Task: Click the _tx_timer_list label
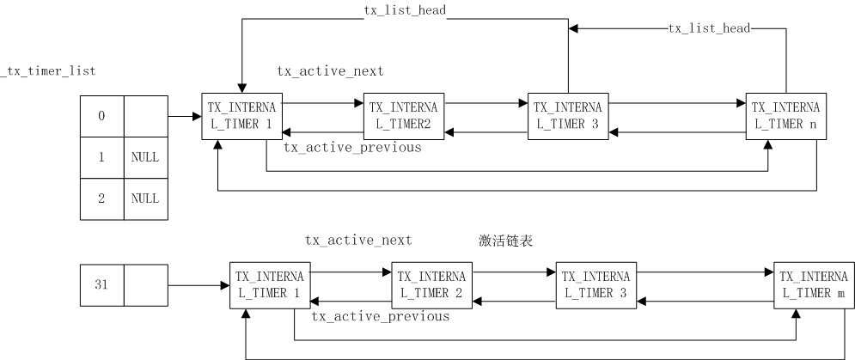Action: (47, 71)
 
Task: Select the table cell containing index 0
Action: (101, 116)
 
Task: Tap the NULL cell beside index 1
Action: (145, 158)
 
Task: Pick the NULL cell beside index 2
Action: (145, 198)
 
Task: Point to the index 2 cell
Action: (101, 198)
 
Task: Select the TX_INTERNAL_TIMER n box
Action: (785, 116)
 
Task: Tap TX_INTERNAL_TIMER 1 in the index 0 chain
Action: (241, 116)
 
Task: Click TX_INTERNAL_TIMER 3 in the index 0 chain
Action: (568, 116)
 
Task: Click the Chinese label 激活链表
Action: (506, 241)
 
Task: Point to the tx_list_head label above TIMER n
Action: (710, 28)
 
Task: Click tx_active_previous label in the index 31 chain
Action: (380, 317)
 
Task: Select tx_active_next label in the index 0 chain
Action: (330, 71)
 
